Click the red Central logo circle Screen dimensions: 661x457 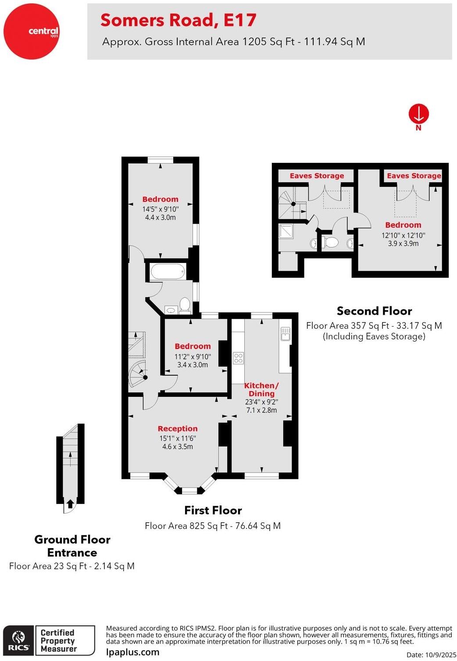(31, 31)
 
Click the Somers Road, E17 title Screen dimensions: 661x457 (178, 20)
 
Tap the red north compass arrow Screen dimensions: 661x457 (418, 114)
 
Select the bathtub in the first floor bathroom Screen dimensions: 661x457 (168, 271)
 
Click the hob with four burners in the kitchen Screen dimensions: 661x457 (238, 358)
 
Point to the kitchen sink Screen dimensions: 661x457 (286, 334)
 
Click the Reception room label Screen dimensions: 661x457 (178, 428)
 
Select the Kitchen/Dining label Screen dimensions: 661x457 (261, 389)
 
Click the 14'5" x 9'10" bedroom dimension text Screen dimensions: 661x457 (160, 209)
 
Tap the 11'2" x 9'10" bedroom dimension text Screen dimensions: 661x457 (193, 357)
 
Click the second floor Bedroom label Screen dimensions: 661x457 (403, 225)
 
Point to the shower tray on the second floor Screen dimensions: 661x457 (286, 231)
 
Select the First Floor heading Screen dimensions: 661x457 (213, 510)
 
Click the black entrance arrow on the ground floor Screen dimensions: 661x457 (70, 503)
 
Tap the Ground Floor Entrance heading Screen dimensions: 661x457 (72, 546)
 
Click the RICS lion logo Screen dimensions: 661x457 (18, 640)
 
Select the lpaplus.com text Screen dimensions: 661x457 (132, 652)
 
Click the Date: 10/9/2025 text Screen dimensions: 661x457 (431, 654)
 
